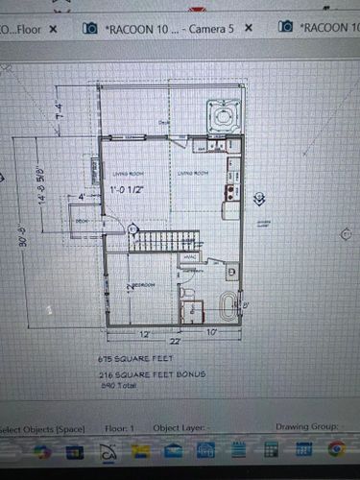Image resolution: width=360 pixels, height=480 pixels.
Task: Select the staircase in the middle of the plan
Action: point(163,240)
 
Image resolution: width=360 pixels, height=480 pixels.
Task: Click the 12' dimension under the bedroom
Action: point(144,333)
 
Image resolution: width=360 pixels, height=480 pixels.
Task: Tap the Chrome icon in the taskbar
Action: point(336,448)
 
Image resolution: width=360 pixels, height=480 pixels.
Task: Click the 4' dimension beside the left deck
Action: point(82,198)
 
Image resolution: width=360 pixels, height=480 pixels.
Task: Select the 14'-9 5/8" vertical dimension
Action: point(41,182)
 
